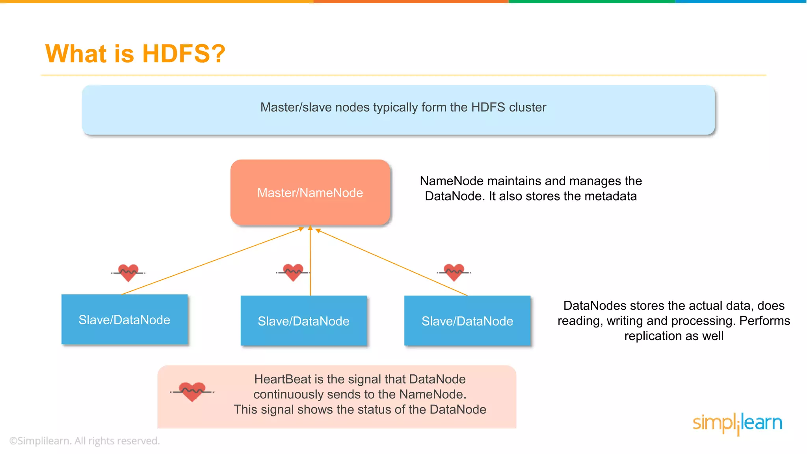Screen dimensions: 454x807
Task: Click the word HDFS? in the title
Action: (x=184, y=54)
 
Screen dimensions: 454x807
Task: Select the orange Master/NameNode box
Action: (x=310, y=192)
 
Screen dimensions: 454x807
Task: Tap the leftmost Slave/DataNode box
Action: (x=125, y=320)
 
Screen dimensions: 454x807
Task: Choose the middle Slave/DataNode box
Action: (x=303, y=321)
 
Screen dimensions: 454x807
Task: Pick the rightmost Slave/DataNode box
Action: (x=467, y=321)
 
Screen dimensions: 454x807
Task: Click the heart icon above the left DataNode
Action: (x=128, y=272)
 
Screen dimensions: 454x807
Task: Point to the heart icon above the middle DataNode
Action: (x=293, y=272)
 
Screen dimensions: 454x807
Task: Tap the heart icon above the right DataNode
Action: (x=454, y=272)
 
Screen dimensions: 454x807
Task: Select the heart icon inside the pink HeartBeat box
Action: (x=192, y=391)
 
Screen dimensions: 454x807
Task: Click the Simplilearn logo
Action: (x=737, y=423)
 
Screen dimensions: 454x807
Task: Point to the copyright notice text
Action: (x=85, y=441)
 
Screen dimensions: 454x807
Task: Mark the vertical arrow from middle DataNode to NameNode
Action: (x=311, y=260)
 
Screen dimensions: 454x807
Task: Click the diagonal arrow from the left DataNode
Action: (x=213, y=261)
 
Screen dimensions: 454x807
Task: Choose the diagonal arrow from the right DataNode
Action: (x=392, y=262)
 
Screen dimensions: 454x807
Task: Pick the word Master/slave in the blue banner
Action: (x=296, y=107)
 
